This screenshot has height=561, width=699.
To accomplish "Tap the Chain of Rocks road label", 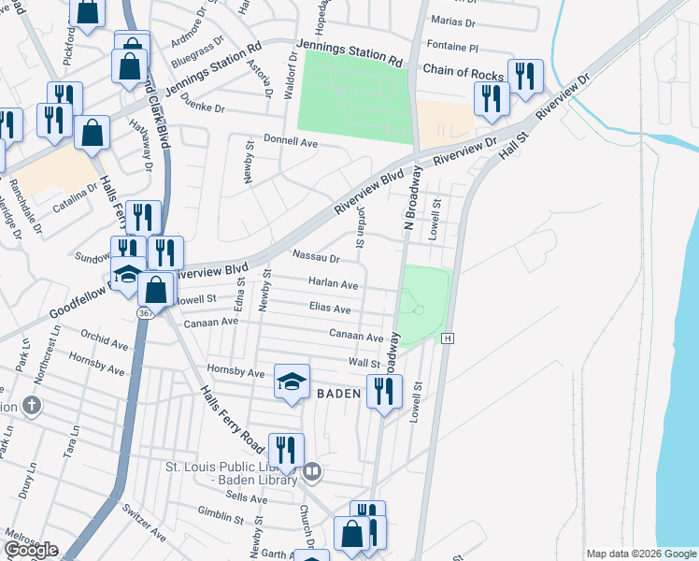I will [x=464, y=70].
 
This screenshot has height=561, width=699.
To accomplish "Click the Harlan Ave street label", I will [x=334, y=284].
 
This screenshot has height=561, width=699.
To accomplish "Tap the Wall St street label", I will [x=363, y=362].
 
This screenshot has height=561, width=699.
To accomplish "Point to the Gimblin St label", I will [x=221, y=514].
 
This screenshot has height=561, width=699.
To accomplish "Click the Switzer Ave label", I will [x=144, y=524].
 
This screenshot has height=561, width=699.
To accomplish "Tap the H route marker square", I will [x=449, y=338].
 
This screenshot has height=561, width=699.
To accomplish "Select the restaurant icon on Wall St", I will [x=384, y=391].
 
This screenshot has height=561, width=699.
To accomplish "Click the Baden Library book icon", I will [x=313, y=472].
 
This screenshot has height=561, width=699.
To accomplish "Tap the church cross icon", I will [x=32, y=406].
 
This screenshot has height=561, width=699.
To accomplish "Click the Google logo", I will [x=31, y=550].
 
